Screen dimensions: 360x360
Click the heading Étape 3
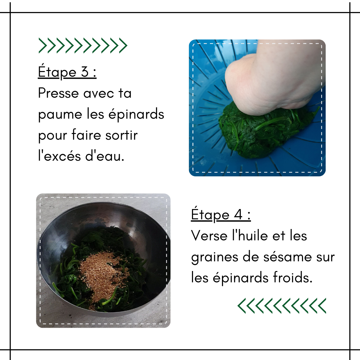click(67, 72)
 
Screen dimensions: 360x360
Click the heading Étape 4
click(221, 214)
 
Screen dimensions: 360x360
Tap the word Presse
click(58, 93)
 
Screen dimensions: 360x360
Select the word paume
click(60, 115)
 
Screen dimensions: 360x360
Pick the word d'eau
click(105, 156)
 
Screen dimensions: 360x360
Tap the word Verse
click(209, 236)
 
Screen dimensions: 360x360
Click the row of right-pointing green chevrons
click(83, 45)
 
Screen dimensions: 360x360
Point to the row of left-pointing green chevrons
click(282, 306)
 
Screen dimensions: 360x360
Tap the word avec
click(98, 93)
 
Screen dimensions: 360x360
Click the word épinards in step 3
click(136, 114)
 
